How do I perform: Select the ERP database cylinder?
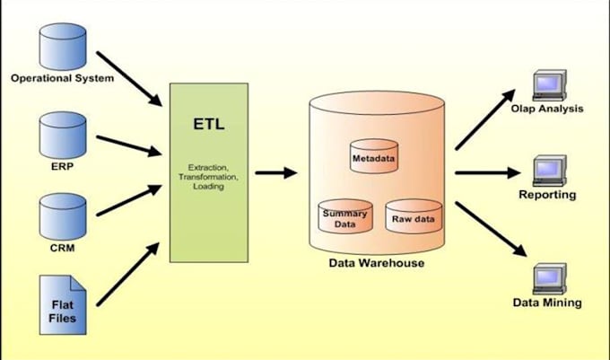coord(63,134)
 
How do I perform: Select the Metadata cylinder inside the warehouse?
coord(373,158)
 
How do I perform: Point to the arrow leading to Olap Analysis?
coord(485,118)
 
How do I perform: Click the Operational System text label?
coord(62,78)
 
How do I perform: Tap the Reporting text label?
coord(547,195)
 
